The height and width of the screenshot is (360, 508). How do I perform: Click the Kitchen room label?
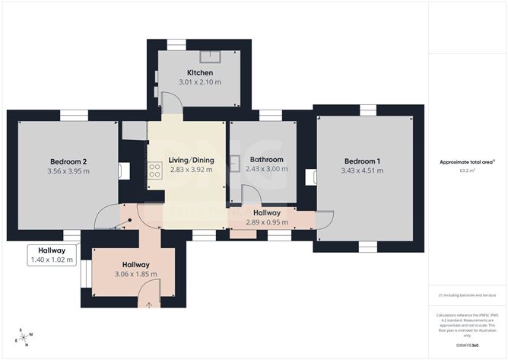tap(189, 72)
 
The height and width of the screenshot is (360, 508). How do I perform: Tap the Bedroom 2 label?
tap(69, 161)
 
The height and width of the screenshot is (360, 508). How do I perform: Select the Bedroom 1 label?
tap(363, 161)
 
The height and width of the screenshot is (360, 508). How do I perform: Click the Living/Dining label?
tap(192, 160)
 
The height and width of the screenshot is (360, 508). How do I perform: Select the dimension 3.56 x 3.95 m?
tap(69, 171)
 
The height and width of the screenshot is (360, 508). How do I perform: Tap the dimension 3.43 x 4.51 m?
tap(363, 171)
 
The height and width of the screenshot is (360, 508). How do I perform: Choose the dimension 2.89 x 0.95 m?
tap(263, 222)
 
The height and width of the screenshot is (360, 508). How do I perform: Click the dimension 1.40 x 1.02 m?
tap(52, 260)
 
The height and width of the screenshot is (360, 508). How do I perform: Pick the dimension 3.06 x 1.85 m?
tap(136, 275)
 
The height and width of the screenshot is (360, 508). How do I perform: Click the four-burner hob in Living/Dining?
tap(154, 171)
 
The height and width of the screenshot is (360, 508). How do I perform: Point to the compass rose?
tap(25, 336)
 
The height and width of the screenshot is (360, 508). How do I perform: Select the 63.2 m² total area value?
tap(465, 171)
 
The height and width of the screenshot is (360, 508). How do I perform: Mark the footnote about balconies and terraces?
tap(465, 295)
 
